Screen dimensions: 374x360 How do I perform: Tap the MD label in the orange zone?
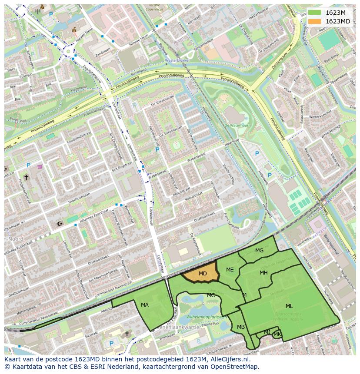coord(203,274)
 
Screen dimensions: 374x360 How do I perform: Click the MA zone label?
coord(145,305)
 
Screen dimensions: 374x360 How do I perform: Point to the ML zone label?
coord(289,306)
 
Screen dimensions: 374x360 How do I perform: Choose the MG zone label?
coord(259,251)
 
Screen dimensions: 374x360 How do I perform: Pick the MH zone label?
coord(263,273)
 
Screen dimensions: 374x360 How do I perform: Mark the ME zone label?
coord(230,270)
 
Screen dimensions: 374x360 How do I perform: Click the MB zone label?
coord(241,327)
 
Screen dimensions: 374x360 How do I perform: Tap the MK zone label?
coord(277,334)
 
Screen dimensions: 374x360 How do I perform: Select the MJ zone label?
coord(267,332)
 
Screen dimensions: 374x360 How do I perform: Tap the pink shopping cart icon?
coord(40,166)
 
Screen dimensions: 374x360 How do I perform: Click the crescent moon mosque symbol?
coord(60,224)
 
